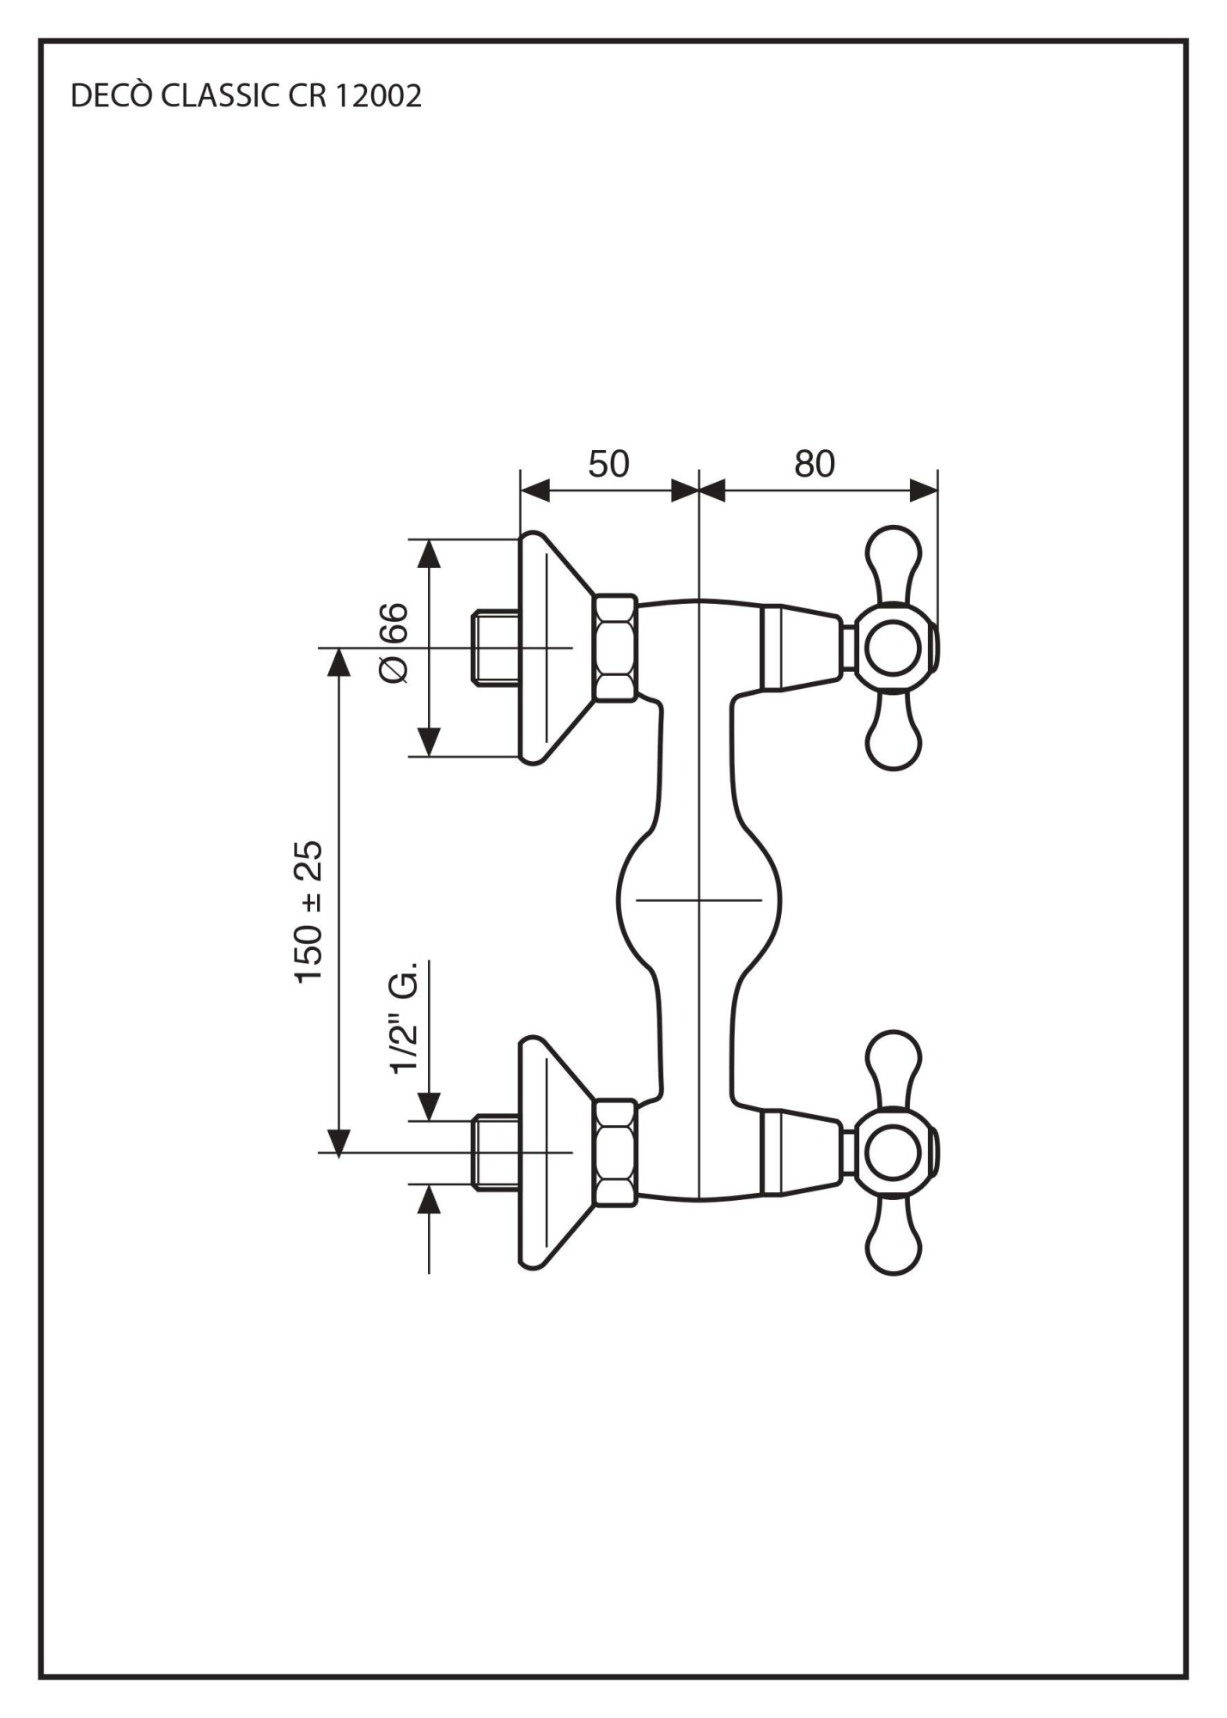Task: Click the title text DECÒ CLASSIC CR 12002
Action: [x=246, y=96]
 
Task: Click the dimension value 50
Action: [x=608, y=464]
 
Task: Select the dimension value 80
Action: [x=815, y=464]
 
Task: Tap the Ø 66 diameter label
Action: [x=394, y=643]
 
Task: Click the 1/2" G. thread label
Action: [x=403, y=1017]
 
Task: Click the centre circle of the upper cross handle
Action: [x=893, y=648]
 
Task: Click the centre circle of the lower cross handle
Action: [x=893, y=1153]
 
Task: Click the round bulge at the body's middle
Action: [x=699, y=900]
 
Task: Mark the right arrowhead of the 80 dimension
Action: [x=923, y=491]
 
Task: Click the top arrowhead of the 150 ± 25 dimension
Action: [x=340, y=663]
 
